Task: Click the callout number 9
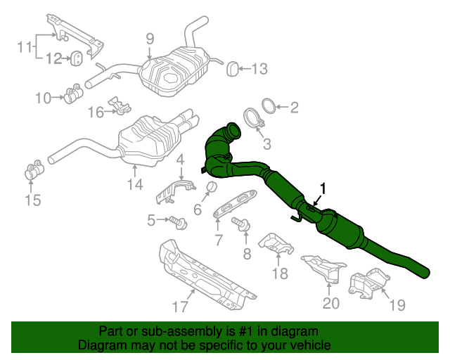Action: click(150, 39)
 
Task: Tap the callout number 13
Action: click(259, 68)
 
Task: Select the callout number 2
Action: click(294, 107)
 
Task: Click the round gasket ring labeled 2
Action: click(268, 107)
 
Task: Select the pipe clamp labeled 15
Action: click(32, 171)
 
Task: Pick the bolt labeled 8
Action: click(242, 224)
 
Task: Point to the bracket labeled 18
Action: click(277, 244)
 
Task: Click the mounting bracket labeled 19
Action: click(368, 285)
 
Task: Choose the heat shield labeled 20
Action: click(324, 268)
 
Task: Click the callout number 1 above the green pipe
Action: click(323, 188)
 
